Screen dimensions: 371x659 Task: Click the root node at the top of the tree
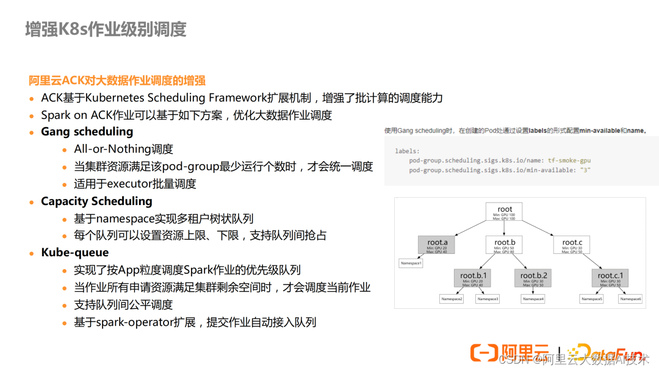pos(505,212)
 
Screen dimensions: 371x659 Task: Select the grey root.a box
pos(437,245)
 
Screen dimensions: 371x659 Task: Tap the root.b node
pos(505,245)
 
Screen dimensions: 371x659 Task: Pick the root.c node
pos(572,245)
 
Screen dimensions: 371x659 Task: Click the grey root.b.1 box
pos(474,278)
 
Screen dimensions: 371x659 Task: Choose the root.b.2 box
pos(533,278)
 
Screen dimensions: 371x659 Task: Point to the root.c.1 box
pos(610,278)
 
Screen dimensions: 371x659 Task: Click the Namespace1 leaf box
pos(411,264)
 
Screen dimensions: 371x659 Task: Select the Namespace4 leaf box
pos(533,299)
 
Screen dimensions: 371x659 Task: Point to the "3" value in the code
pos(585,170)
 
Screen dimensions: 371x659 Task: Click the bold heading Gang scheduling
pos(87,132)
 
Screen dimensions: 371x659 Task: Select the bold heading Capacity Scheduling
pos(96,201)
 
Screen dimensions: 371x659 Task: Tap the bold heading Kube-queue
pos(74,253)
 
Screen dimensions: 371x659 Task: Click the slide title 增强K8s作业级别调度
pos(106,29)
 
